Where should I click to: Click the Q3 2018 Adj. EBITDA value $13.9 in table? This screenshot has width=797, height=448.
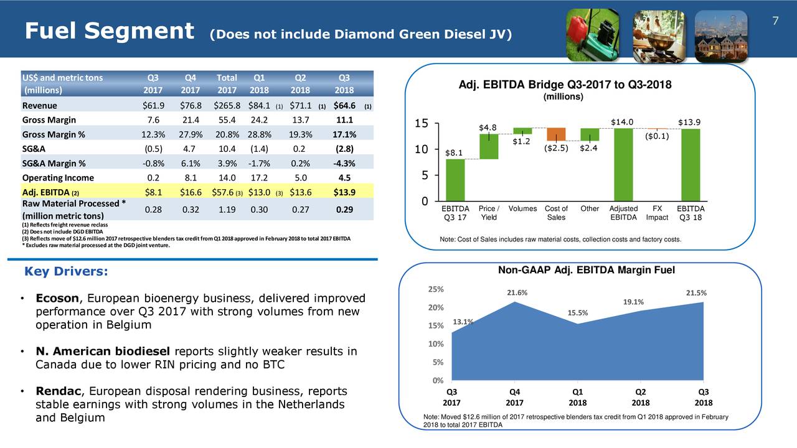point(344,192)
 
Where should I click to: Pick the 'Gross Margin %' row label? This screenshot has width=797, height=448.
point(54,135)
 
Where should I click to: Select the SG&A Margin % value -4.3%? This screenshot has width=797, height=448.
point(344,164)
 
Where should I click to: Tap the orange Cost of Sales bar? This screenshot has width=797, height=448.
point(556,134)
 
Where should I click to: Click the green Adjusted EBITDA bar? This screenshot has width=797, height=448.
point(623,164)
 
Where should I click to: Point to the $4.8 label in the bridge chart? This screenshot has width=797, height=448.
point(488,128)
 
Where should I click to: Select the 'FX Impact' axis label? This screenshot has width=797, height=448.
point(657,213)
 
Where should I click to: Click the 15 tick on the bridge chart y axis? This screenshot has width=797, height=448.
point(420,124)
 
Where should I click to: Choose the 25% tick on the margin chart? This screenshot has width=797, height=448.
point(435,289)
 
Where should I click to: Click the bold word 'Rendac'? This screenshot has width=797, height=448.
point(59,391)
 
